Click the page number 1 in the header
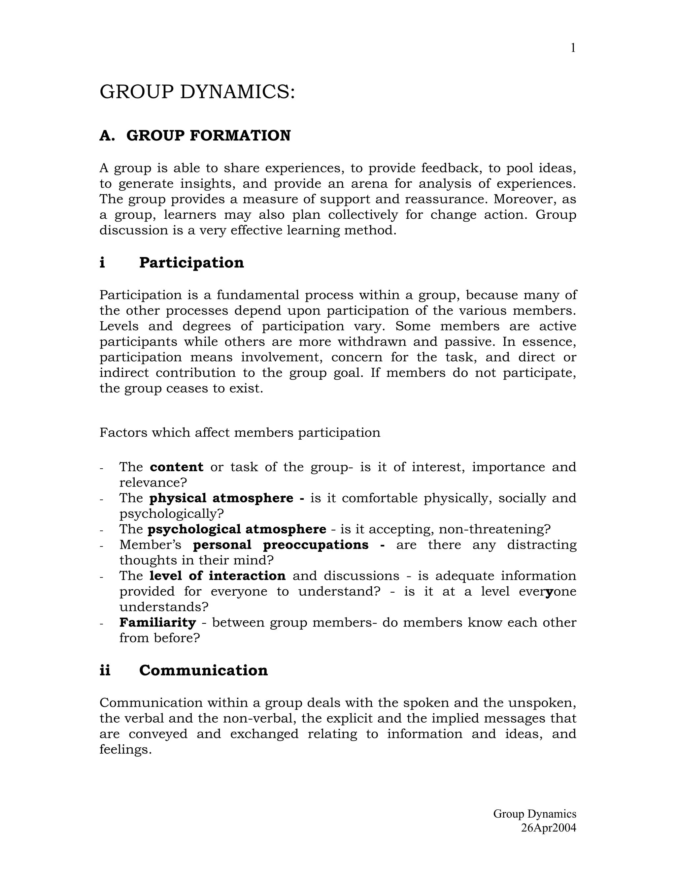coord(573,48)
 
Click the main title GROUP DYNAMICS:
coord(197,92)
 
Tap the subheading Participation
coord(191,263)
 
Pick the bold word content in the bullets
coord(177,467)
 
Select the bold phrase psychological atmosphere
coord(237,529)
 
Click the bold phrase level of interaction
coord(218,576)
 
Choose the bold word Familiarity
coord(157,623)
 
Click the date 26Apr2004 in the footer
coord(548,827)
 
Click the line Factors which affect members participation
coord(240,433)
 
